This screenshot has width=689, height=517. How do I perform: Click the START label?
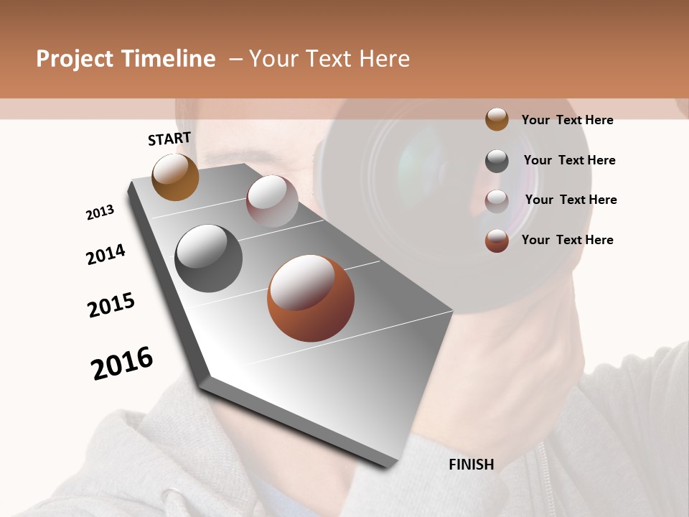[169, 139]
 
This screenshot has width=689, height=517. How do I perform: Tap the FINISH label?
[472, 465]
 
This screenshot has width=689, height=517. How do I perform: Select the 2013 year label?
[100, 212]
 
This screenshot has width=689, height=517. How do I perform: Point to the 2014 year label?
[106, 254]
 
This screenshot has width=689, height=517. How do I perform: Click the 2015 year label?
[111, 305]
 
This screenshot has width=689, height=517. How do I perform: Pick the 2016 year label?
[122, 363]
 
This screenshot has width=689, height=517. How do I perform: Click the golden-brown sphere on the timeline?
[175, 177]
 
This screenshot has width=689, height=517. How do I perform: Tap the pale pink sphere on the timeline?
[272, 201]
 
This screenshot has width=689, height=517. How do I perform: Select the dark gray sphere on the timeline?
[208, 258]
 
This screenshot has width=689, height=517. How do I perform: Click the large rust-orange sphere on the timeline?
[311, 298]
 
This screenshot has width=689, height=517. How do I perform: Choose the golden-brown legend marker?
[497, 119]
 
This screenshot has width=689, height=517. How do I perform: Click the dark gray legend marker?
[497, 161]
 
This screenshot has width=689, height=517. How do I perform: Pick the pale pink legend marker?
[497, 201]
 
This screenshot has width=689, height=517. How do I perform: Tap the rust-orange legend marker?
[497, 241]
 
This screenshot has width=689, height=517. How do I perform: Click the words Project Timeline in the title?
[126, 59]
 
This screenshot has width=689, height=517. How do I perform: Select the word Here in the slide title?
[384, 59]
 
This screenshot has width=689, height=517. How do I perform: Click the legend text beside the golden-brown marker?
[567, 120]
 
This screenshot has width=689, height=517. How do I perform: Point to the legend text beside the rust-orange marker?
[567, 240]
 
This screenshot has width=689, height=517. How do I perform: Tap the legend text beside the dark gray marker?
[569, 160]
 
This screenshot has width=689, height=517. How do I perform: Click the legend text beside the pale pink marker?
[571, 200]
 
